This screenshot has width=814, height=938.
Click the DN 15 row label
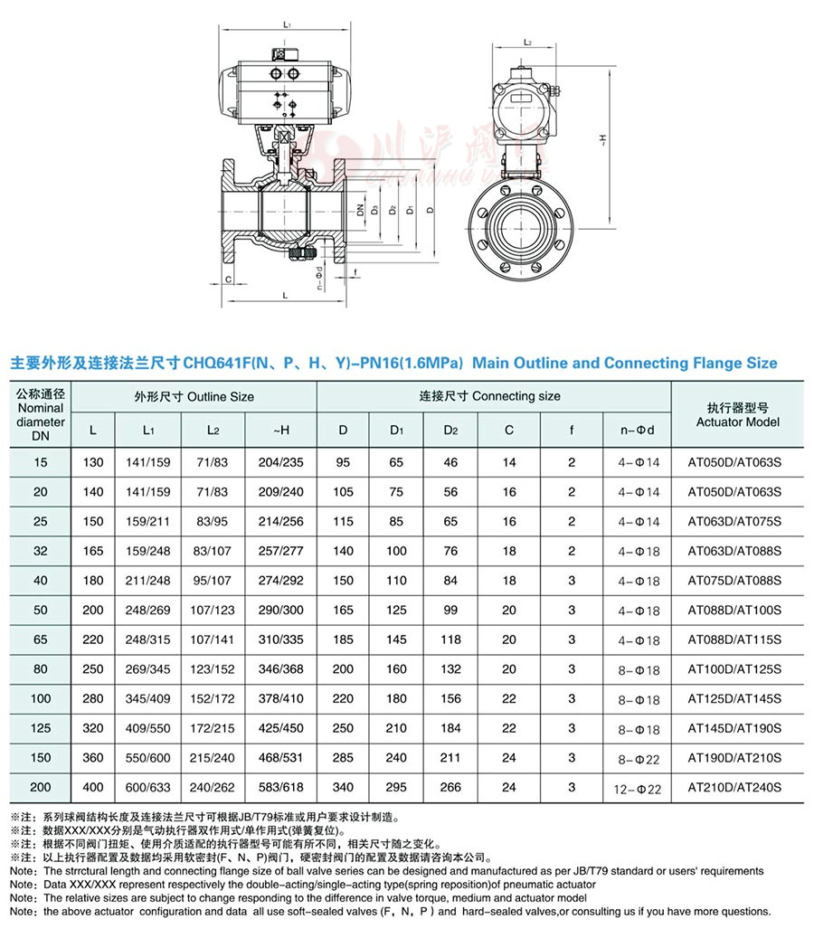pos(40,462)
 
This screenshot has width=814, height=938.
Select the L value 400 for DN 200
pos(92,787)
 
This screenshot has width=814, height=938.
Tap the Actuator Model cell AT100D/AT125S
pos(734,669)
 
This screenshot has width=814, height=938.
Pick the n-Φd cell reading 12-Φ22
pos(637,790)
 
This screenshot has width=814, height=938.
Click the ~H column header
pos(281,431)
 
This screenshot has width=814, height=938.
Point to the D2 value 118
pos(450,640)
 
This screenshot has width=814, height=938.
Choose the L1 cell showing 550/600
pos(147,758)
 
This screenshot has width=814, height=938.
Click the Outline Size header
pos(194,396)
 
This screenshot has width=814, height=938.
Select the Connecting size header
pos(490,396)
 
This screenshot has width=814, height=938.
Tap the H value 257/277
pos(280,551)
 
